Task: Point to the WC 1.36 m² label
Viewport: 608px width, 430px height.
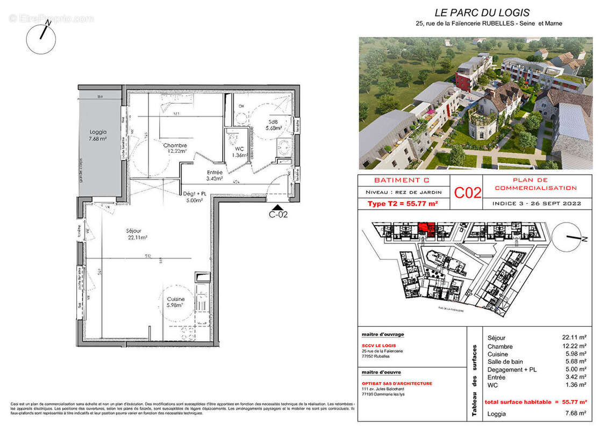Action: [x=239, y=152]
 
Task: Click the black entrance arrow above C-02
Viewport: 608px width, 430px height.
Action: [x=278, y=207]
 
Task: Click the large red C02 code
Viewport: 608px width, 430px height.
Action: [x=468, y=192]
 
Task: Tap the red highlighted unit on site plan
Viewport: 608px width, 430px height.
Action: [x=427, y=230]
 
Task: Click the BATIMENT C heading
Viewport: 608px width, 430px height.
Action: [x=401, y=180]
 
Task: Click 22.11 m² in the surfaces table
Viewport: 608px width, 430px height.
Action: [x=574, y=338]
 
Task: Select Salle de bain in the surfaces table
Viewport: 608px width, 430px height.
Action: [x=505, y=362]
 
